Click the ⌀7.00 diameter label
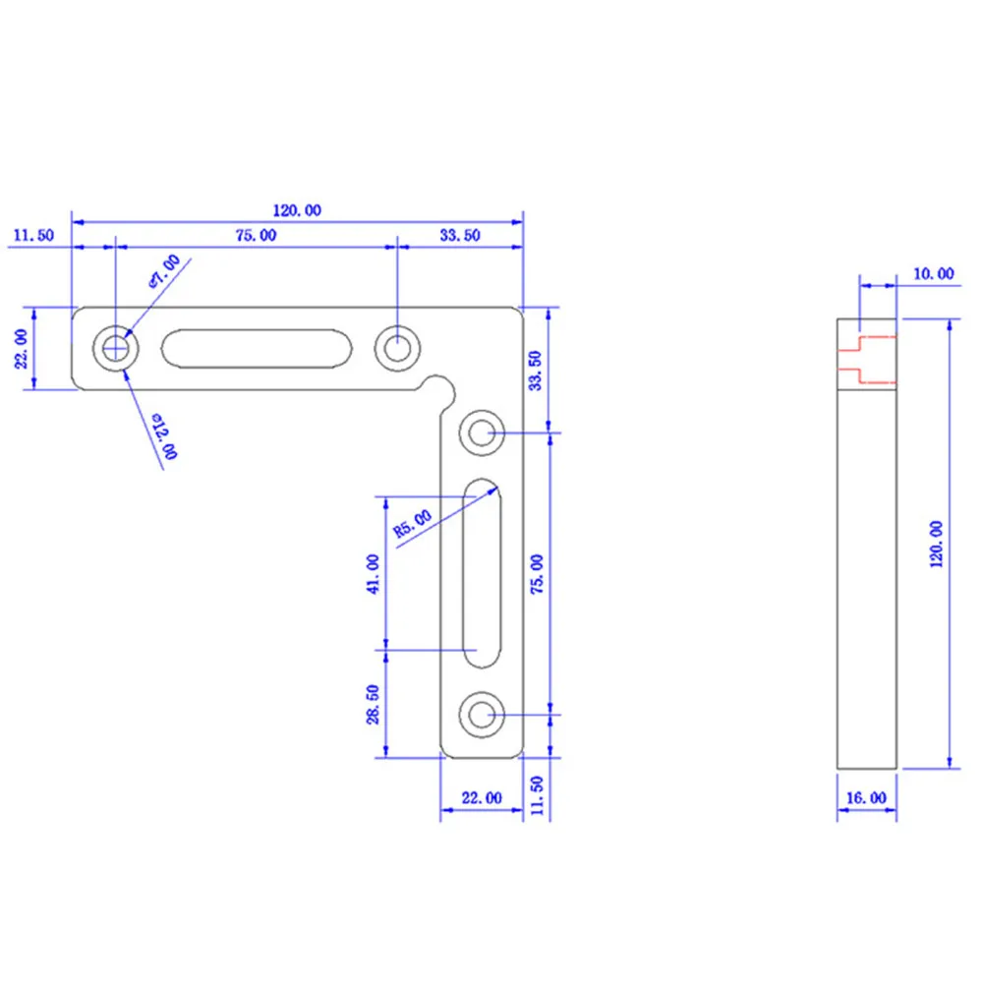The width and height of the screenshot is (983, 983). [x=164, y=271]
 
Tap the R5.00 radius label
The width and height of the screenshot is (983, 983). [x=413, y=524]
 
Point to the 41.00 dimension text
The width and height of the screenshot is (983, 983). [x=373, y=574]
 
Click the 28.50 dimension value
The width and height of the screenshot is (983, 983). [x=373, y=704]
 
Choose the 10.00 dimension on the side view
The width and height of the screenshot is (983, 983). [x=934, y=274]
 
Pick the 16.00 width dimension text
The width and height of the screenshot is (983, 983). [x=866, y=798]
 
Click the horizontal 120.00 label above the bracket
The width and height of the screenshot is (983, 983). [x=297, y=210]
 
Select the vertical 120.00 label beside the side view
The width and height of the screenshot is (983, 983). [x=936, y=545]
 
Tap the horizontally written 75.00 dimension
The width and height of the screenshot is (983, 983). [x=256, y=236]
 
